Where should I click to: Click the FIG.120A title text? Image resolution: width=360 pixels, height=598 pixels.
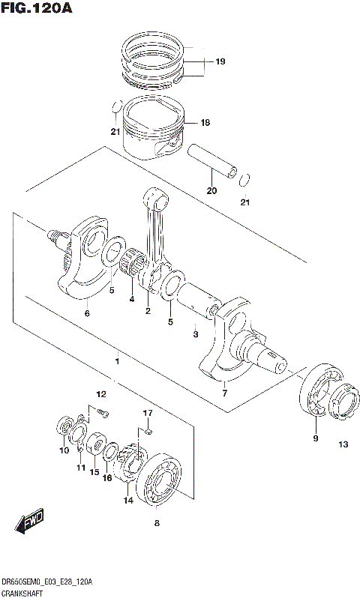coord(37,9)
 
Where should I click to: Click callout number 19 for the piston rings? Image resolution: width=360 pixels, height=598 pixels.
coord(220,61)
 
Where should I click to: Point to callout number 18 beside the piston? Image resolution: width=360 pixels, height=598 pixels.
coord(205,123)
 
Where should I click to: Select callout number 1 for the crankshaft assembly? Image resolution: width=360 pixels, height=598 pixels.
coord(116,361)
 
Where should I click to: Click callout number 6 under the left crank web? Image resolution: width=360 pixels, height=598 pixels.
coord(87,313)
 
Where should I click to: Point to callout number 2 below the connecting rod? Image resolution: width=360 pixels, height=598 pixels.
coord(148,311)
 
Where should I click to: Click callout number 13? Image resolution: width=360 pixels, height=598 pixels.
coord(343,445)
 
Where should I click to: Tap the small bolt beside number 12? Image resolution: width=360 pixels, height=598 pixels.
coord(103,413)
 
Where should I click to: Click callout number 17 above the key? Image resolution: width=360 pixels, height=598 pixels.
coord(148,413)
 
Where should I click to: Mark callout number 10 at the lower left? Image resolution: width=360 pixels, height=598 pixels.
coord(64,451)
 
